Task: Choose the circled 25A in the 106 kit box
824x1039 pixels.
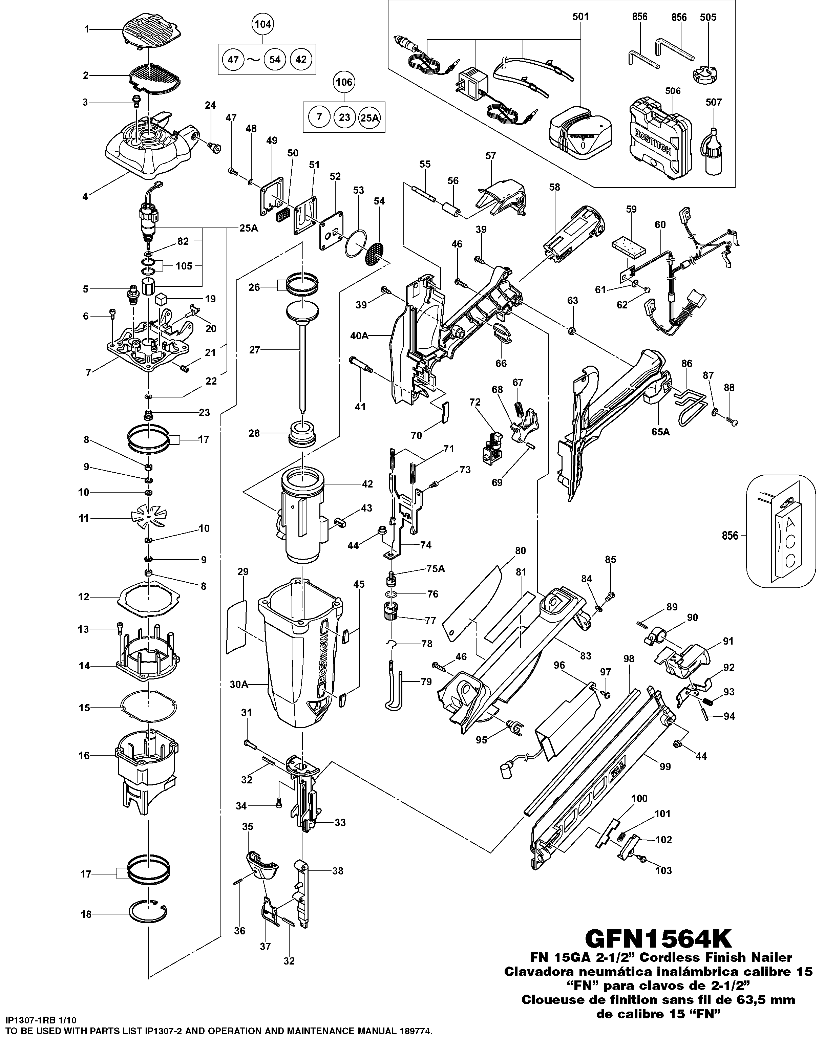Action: pos(369,117)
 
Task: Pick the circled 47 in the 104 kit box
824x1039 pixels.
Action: pos(233,60)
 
